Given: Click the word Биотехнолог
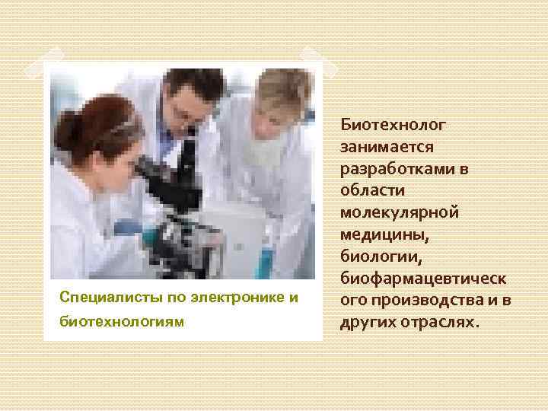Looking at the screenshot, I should [x=393, y=123].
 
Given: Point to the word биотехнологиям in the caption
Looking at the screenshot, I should [x=122, y=321].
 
